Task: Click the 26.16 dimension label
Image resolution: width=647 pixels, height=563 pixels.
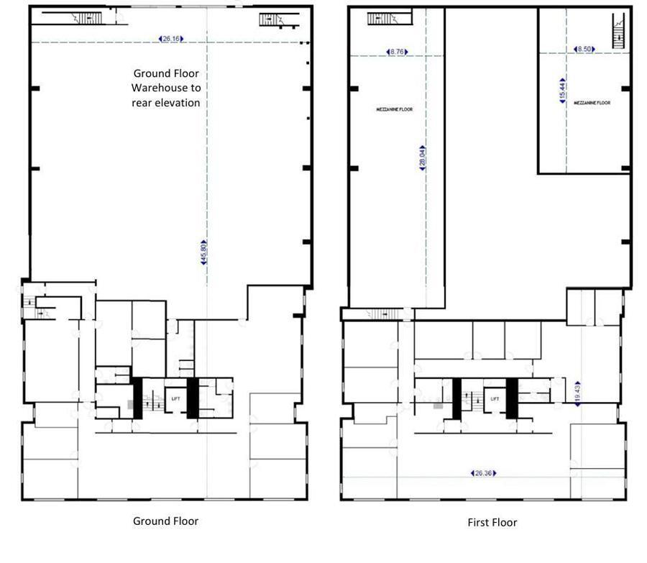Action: (171, 39)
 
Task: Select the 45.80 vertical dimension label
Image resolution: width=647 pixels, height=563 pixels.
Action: (204, 252)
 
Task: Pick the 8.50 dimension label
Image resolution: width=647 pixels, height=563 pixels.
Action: (584, 49)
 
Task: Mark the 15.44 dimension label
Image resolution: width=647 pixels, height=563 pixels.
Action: (563, 91)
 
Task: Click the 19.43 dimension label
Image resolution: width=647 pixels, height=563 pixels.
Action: (577, 393)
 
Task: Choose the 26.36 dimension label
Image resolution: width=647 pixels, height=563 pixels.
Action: (483, 473)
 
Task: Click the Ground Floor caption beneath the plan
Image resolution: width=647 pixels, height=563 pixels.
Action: (165, 521)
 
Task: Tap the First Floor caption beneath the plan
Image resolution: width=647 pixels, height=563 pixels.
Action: (492, 523)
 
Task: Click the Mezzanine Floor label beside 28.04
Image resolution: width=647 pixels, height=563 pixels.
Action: (395, 109)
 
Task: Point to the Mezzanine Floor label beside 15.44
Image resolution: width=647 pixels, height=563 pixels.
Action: (592, 103)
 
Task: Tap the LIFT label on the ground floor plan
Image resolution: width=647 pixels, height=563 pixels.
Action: (175, 398)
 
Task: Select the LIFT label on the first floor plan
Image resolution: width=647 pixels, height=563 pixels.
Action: (495, 398)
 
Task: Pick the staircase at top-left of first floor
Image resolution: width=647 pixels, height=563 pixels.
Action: (388, 18)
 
